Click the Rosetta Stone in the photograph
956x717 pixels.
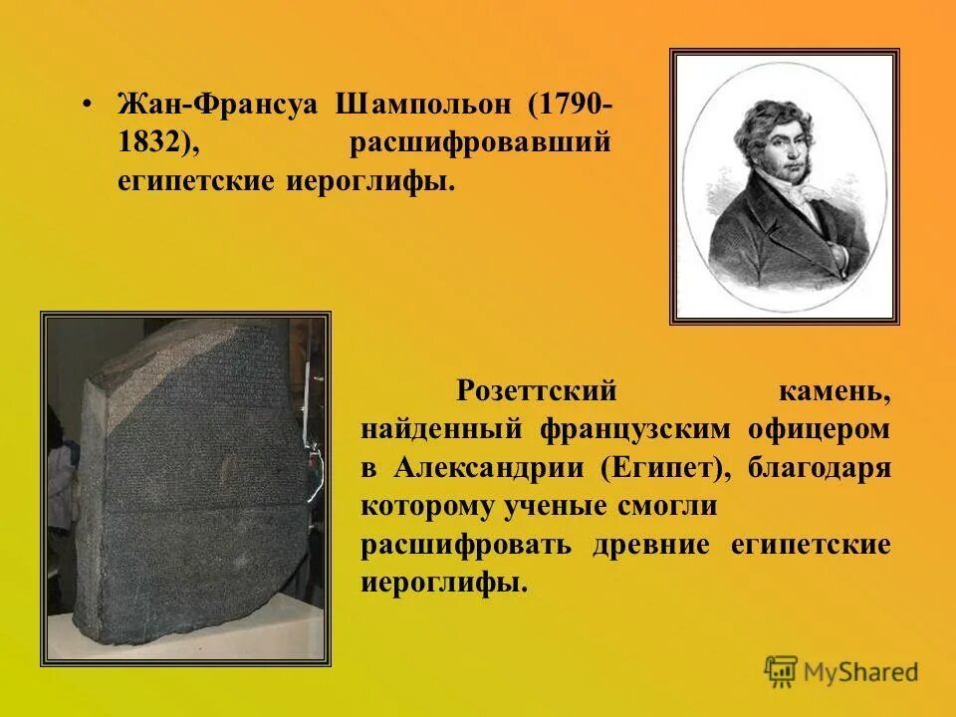coord(189,478)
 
